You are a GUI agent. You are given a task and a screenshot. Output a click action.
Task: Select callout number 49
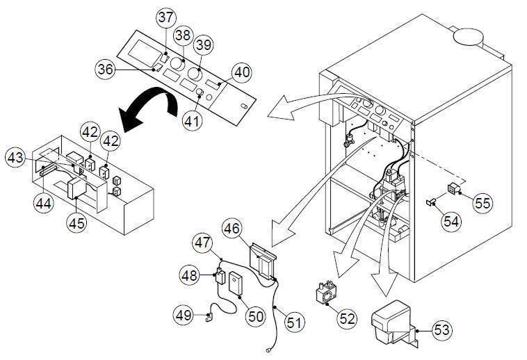click(183, 315)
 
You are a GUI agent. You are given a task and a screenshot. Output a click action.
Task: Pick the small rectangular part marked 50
click(236, 284)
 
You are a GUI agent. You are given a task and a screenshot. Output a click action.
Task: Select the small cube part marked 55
click(452, 187)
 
